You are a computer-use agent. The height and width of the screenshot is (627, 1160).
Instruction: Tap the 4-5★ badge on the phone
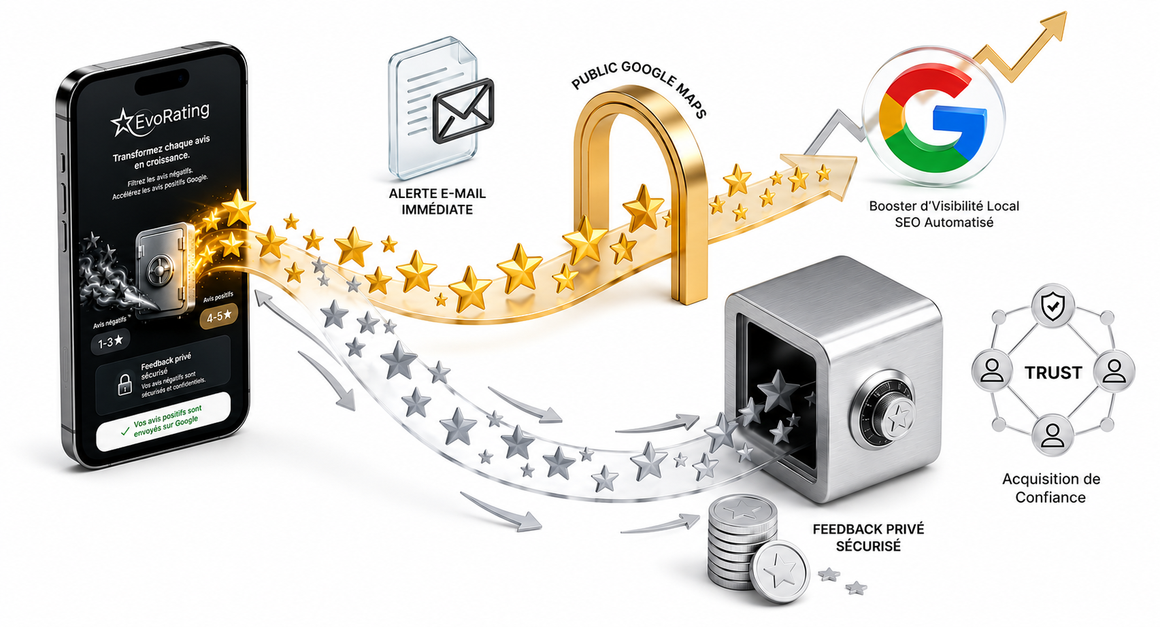click(x=219, y=316)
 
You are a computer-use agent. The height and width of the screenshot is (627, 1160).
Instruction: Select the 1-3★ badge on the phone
click(x=110, y=341)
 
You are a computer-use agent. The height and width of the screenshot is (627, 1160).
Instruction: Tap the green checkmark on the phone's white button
click(x=125, y=430)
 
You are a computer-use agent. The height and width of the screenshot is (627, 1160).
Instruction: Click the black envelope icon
click(x=463, y=110)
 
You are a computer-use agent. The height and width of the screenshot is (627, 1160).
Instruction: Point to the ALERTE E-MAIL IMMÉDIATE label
click(x=437, y=201)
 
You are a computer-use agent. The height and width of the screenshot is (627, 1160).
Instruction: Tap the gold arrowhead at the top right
click(x=1053, y=23)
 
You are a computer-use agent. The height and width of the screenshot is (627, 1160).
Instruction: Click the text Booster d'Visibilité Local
click(x=944, y=206)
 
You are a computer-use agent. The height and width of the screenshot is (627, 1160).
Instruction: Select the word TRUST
click(x=1053, y=372)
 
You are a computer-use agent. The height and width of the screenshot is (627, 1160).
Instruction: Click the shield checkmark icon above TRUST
click(x=1053, y=306)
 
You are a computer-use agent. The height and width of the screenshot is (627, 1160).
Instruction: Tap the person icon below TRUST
click(x=1053, y=435)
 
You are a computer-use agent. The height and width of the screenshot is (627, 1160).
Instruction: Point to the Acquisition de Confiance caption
click(x=1050, y=488)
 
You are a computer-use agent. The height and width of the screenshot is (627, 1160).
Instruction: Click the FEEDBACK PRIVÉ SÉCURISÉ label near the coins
click(x=868, y=537)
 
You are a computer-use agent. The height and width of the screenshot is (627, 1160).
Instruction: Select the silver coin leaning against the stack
click(x=780, y=572)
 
